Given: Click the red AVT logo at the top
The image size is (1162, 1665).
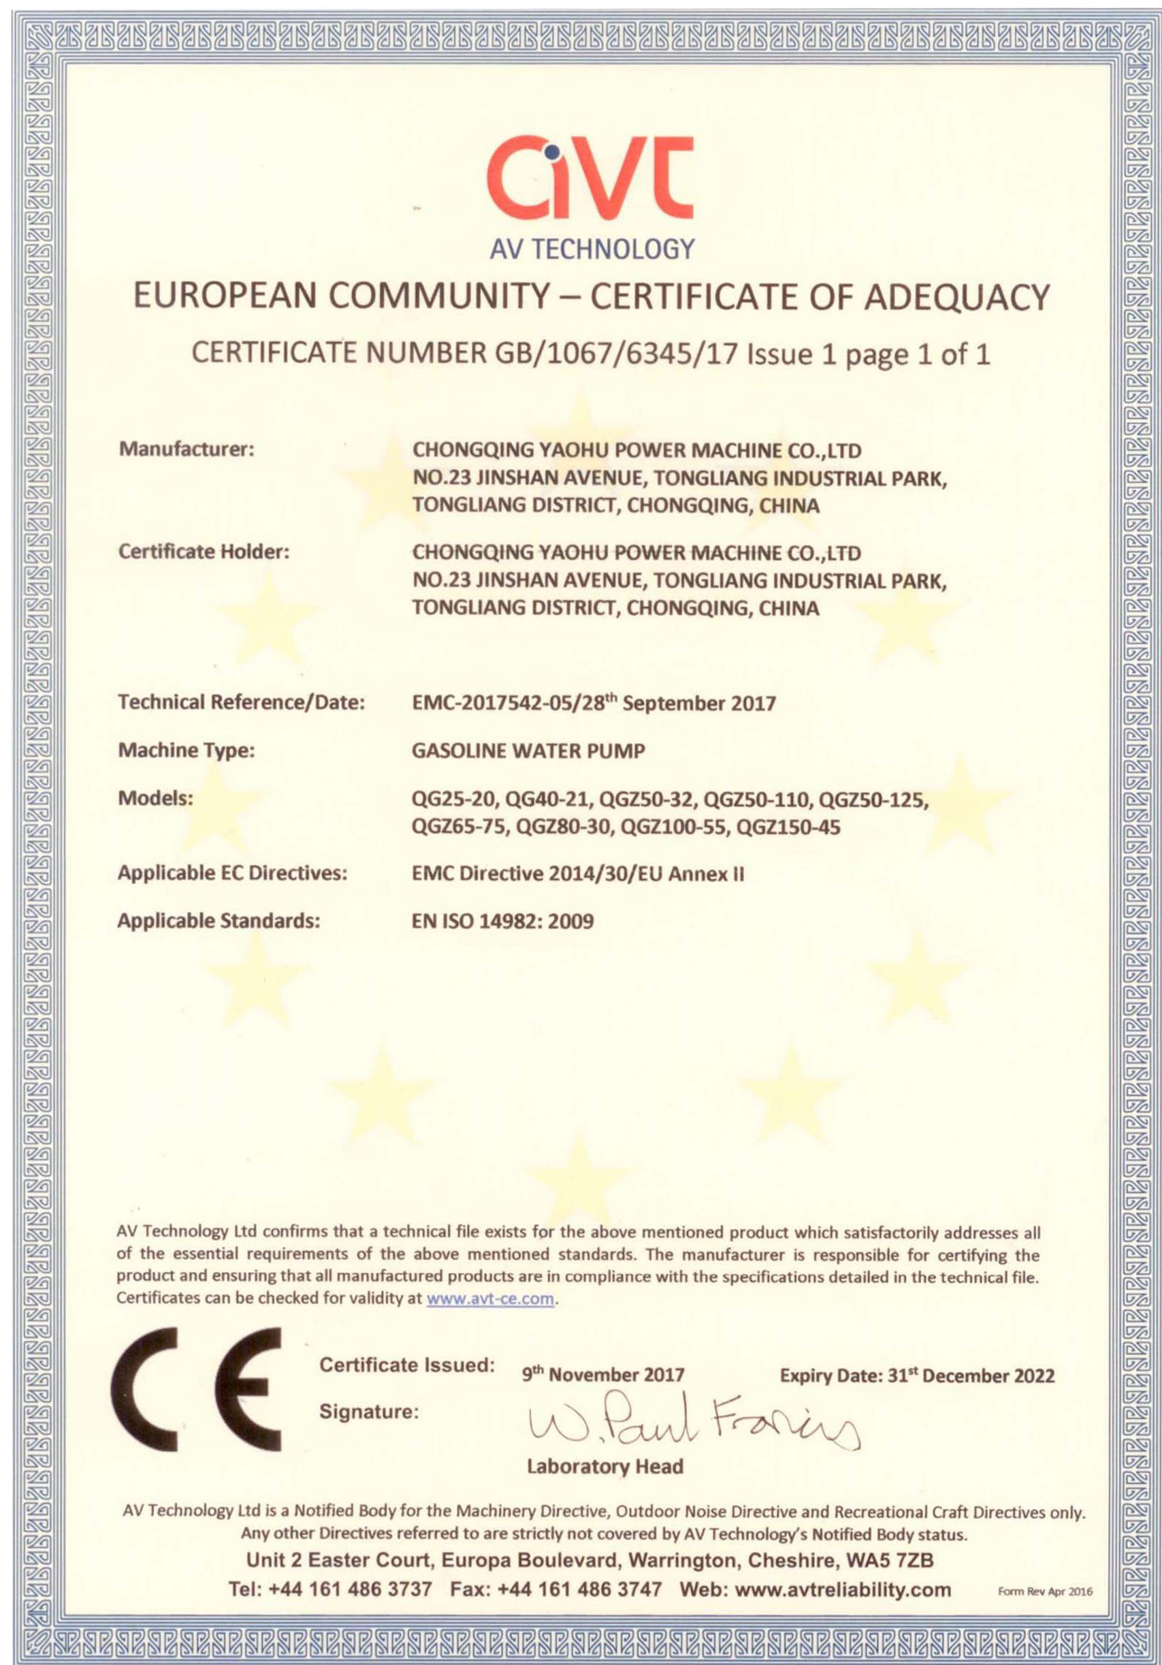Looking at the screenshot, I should pyautogui.click(x=590, y=178).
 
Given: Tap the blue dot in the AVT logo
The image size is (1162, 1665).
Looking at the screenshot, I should pyautogui.click(x=552, y=153).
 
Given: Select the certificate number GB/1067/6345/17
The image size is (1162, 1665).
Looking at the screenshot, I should pyautogui.click(x=615, y=354).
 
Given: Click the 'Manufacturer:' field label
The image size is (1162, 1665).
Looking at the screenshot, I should pyautogui.click(x=187, y=449).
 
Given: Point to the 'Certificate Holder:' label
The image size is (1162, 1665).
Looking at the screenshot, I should pyautogui.click(x=204, y=552).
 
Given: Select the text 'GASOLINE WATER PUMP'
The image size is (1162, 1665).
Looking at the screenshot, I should pyautogui.click(x=528, y=750).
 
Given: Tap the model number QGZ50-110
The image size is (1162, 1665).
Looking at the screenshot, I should pyautogui.click(x=756, y=800).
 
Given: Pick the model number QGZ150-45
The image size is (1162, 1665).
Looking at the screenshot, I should pyautogui.click(x=788, y=827).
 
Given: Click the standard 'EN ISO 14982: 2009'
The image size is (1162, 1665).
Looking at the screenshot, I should pyautogui.click(x=502, y=921).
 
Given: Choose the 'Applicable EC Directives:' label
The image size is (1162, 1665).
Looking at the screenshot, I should pyautogui.click(x=232, y=873).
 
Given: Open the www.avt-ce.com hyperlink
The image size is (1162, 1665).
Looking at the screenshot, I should pyautogui.click(x=490, y=1299).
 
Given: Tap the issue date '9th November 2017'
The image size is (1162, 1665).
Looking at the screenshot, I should pyautogui.click(x=603, y=1375).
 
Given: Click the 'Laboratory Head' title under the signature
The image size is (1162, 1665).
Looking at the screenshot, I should pyautogui.click(x=604, y=1466).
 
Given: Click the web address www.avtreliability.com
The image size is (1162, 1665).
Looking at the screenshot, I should pyautogui.click(x=843, y=1589).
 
